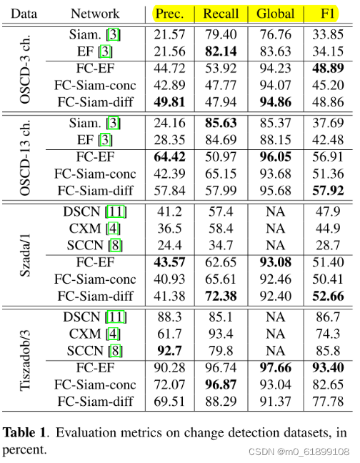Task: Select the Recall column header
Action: [x=221, y=14]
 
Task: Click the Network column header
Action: [x=95, y=14]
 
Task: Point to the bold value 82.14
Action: [x=221, y=52]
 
